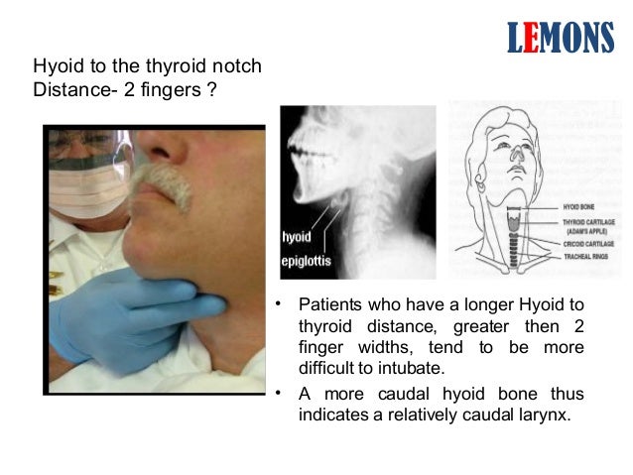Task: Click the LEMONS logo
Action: tap(560, 37)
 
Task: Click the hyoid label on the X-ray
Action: tap(297, 237)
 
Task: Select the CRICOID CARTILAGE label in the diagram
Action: tap(588, 243)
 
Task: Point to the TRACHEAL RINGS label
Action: tap(585, 255)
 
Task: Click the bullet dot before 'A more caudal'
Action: tap(281, 392)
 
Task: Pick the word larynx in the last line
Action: tap(548, 415)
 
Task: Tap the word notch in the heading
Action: tap(239, 66)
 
